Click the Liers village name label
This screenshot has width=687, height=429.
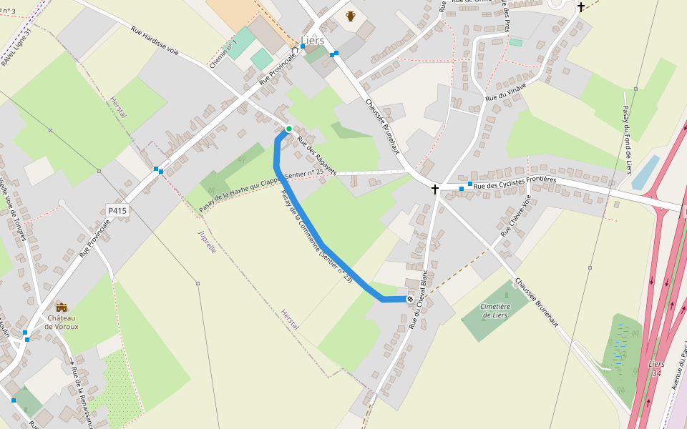313,40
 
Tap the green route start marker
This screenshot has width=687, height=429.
289,129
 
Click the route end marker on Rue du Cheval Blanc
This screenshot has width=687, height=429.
410,299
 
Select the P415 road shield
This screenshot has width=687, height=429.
117,210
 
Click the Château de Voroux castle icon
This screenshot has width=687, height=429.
62,307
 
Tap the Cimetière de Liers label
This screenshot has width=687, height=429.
495,310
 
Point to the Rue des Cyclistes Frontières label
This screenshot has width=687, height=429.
515,183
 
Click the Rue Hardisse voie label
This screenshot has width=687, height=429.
155,41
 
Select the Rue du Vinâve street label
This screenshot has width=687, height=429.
506,92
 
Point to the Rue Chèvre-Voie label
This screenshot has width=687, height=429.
516,216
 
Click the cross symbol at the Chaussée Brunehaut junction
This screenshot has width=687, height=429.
434,189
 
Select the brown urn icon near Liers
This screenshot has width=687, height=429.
351,16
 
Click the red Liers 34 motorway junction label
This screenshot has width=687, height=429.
656,368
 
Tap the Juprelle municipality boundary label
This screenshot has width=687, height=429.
206,243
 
